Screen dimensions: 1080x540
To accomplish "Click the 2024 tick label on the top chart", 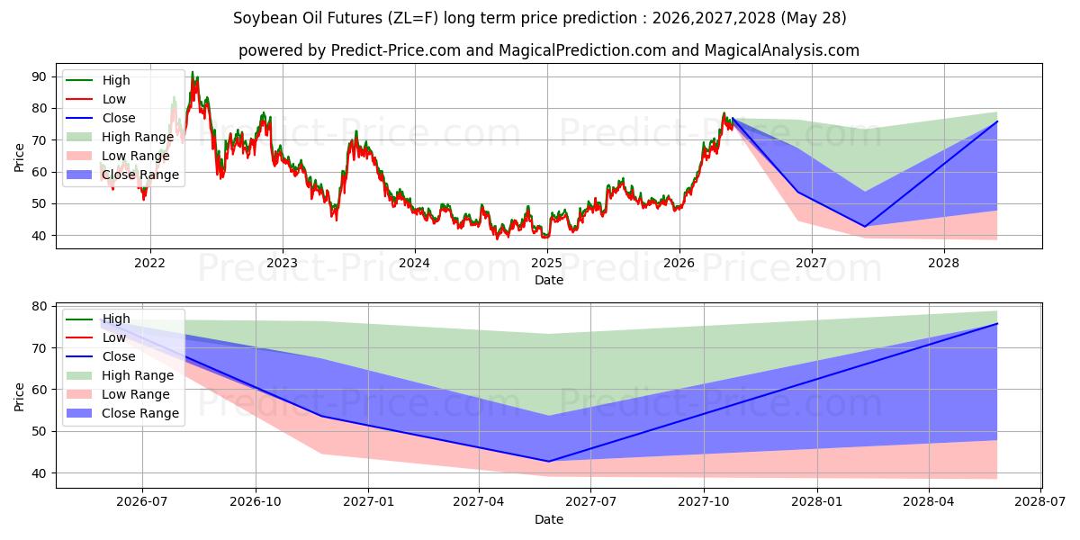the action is [x=414, y=263].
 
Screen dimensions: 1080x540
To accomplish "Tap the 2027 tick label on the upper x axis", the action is [x=812, y=263].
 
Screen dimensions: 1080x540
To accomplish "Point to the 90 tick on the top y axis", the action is [x=40, y=76].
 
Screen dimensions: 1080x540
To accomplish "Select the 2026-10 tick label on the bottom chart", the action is [x=256, y=502].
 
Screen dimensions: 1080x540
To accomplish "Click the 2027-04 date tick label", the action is [x=479, y=502].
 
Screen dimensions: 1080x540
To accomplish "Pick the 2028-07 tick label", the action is [x=1040, y=502].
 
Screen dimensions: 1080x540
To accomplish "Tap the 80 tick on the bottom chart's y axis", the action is [x=40, y=306].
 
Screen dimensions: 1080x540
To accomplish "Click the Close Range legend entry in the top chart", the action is [x=122, y=175].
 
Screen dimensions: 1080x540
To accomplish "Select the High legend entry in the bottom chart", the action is [x=98, y=319].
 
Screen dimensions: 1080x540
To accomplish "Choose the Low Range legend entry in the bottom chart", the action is [x=118, y=394].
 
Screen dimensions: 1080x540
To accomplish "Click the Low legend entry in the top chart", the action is [x=96, y=99].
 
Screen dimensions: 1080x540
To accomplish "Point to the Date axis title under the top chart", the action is [x=549, y=280].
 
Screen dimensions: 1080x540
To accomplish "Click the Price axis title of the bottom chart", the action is [x=19, y=397].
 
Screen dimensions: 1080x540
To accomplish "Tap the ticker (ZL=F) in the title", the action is [x=413, y=18].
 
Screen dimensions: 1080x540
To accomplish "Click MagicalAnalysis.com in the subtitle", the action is [x=782, y=50].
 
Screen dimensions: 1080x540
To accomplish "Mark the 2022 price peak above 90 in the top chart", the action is [x=193, y=72].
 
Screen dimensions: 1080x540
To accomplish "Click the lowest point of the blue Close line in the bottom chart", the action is [x=548, y=462].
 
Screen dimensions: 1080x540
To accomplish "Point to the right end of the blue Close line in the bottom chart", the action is [x=997, y=323].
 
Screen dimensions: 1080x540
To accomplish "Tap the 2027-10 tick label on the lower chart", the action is [x=704, y=502].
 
